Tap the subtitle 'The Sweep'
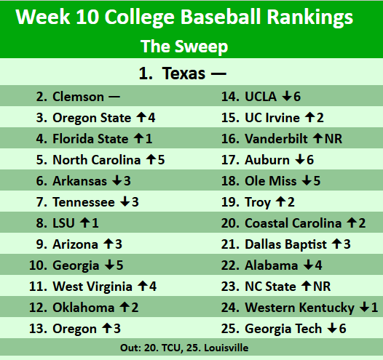pyautogui.click(x=184, y=47)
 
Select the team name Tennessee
pyautogui.click(x=84, y=202)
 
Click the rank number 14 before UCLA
pyautogui.click(x=230, y=96)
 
